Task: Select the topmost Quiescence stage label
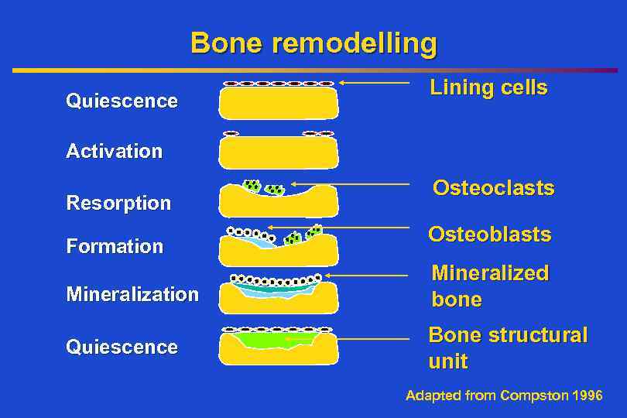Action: pos(122,101)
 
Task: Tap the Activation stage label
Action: pos(115,151)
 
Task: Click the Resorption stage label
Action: pos(118,204)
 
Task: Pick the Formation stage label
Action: pos(115,247)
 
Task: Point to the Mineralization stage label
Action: pos(132,295)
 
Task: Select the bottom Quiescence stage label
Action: pos(122,348)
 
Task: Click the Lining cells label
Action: pos(488,88)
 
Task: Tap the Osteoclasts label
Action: pos(493,188)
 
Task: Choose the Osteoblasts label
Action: pos(489,235)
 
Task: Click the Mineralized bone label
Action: pos(489,286)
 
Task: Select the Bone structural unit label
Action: pos(508,348)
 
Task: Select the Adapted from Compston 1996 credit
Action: pos(504,396)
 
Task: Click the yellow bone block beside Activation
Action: pos(279,153)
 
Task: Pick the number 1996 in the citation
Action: pos(586,396)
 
